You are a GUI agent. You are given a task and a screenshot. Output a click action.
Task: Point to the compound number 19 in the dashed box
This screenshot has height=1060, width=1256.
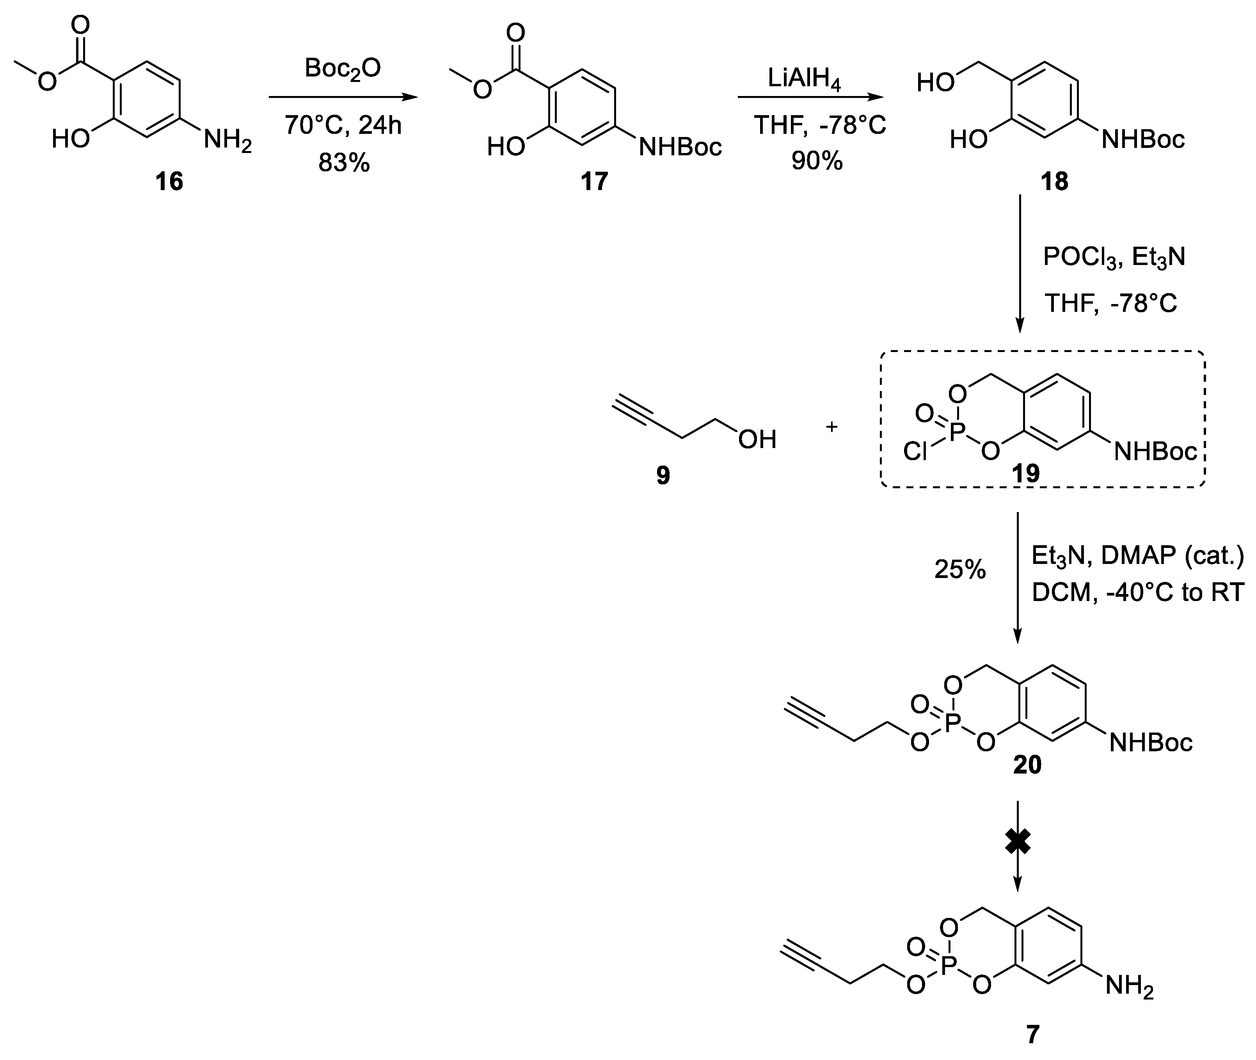(x=1026, y=473)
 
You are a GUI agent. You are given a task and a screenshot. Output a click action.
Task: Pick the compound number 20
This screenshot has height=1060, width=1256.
(x=1027, y=765)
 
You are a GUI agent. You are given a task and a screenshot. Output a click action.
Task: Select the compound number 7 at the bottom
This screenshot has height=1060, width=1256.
(x=1032, y=1034)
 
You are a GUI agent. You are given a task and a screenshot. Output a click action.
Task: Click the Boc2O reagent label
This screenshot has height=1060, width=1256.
(x=342, y=69)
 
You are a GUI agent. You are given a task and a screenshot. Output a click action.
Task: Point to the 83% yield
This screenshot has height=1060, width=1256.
(x=344, y=163)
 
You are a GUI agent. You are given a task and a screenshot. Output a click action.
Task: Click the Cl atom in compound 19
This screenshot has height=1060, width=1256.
(x=915, y=451)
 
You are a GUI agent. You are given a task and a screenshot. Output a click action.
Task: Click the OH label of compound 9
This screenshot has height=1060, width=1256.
(x=757, y=439)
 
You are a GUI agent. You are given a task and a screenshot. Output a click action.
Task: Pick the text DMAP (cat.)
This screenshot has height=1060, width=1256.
(x=1172, y=556)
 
